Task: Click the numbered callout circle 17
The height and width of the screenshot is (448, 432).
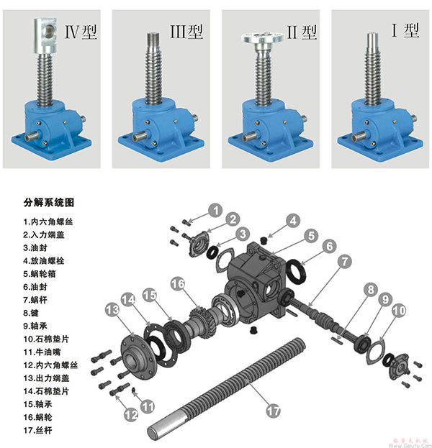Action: (x=273, y=411)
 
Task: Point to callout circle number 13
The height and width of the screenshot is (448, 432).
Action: (x=112, y=309)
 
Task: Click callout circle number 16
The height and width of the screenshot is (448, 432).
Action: (x=178, y=285)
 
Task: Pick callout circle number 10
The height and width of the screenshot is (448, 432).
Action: (x=399, y=311)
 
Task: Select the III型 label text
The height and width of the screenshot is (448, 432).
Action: (x=186, y=32)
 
